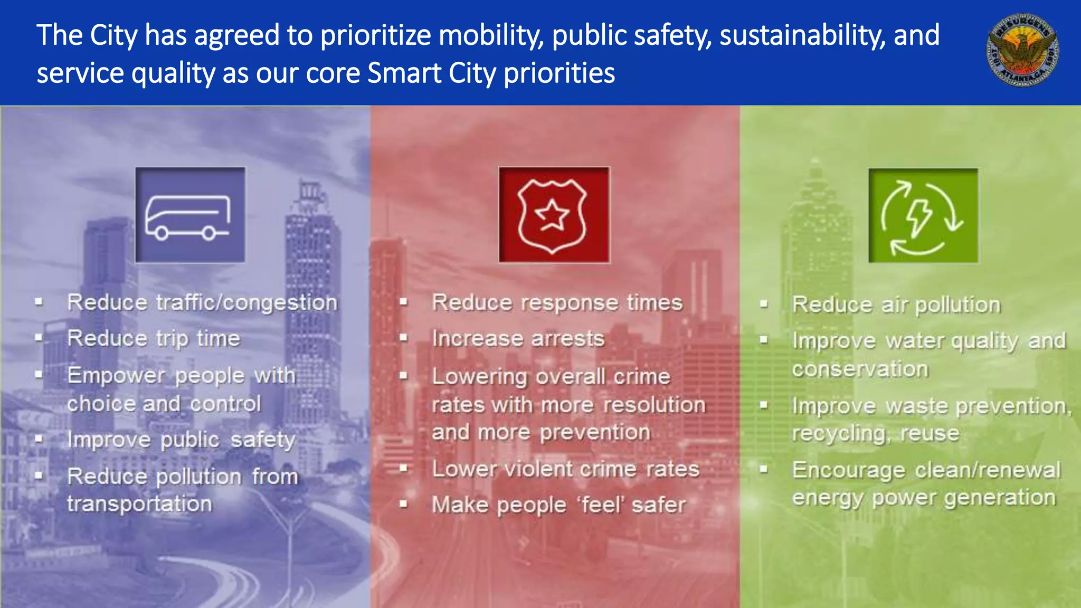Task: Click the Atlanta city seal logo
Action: (x=1022, y=50)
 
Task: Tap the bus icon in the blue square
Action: (x=189, y=215)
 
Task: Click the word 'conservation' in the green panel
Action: (x=860, y=369)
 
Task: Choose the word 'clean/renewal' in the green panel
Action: (x=988, y=470)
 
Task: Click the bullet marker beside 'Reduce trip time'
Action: (x=39, y=338)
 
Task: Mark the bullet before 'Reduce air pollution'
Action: (x=763, y=305)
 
